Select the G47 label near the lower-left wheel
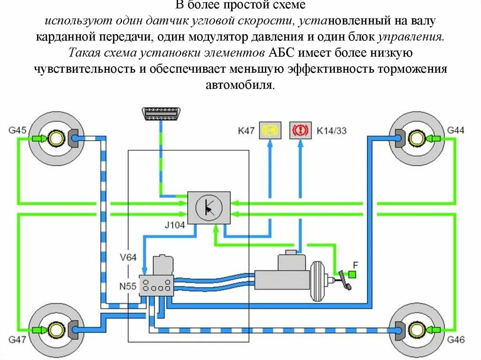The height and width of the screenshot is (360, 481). tap(18, 338)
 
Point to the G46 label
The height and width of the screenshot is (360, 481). tap(455, 339)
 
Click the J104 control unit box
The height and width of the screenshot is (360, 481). tap(209, 207)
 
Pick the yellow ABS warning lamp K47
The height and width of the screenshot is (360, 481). tap(270, 130)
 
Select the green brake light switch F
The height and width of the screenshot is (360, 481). tap(353, 274)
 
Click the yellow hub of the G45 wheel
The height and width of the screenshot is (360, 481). tap(56, 138)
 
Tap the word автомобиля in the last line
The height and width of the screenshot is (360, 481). tap(240, 85)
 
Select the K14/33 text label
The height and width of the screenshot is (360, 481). tap(332, 130)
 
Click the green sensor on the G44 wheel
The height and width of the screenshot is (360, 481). tap(433, 138)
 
